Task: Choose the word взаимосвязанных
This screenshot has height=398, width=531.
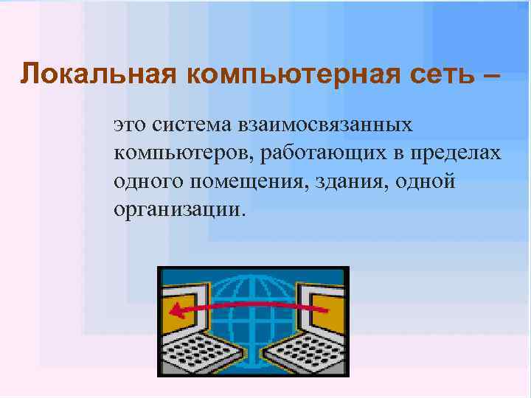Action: [325, 125]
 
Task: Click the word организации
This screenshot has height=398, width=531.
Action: [177, 209]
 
